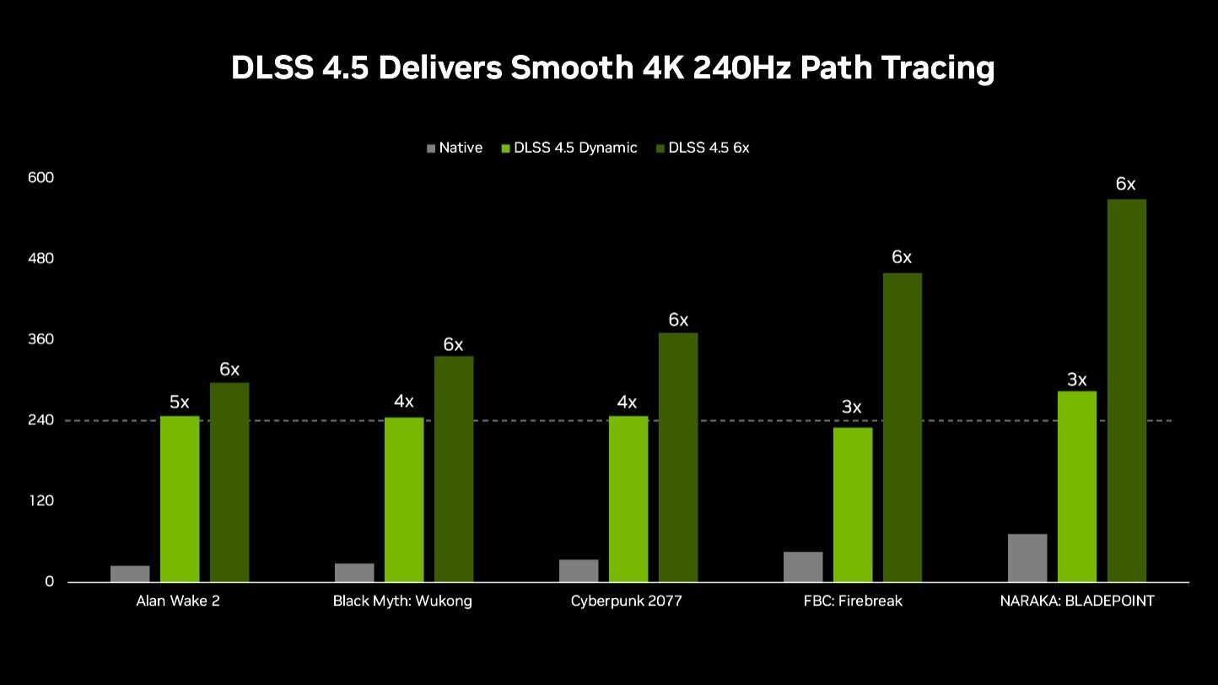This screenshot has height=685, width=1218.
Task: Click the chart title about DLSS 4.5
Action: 612,68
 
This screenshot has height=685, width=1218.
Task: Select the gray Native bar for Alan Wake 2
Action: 130,574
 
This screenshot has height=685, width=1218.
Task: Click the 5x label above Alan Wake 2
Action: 180,402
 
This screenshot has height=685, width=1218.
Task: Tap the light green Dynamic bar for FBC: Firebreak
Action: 853,504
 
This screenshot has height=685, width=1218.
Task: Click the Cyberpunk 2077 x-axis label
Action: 626,601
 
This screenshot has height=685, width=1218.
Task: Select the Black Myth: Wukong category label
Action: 402,601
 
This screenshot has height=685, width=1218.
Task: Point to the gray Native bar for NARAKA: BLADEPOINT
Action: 1027,558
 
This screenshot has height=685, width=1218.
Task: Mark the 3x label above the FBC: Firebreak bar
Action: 852,407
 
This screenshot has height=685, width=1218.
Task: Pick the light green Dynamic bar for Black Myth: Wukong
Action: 404,499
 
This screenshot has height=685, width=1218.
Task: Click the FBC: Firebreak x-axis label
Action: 853,601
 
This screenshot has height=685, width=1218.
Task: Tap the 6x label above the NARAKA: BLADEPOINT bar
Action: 1126,184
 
